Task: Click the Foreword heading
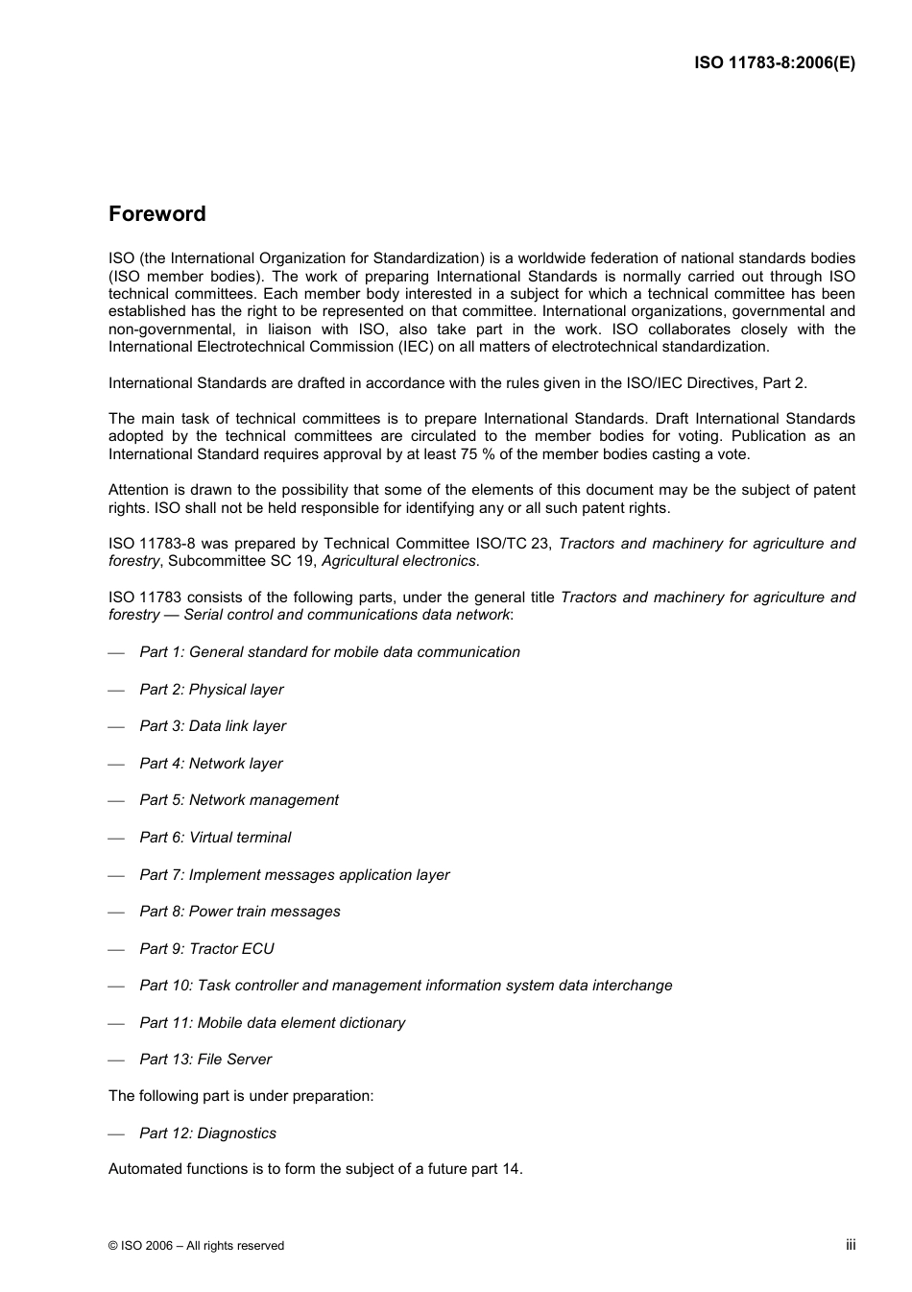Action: pos(156,214)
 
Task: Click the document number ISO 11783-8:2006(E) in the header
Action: pos(774,63)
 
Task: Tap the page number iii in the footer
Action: pos(851,1244)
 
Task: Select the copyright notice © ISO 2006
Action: pos(196,1246)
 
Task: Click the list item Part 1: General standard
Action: pos(329,652)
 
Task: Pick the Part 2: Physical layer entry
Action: pos(211,690)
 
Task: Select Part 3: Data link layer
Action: pos(212,726)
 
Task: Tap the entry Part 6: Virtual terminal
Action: pos(215,838)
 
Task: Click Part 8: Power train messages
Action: pos(239,912)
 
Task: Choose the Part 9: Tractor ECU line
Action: pos(206,949)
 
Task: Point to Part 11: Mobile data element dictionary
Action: pos(272,1023)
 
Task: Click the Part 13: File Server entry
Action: pos(205,1060)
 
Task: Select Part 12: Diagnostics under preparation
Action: pos(207,1134)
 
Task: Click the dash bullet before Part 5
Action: pos(117,801)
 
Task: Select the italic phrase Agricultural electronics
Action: pos(398,561)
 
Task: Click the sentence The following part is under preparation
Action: pos(241,1096)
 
